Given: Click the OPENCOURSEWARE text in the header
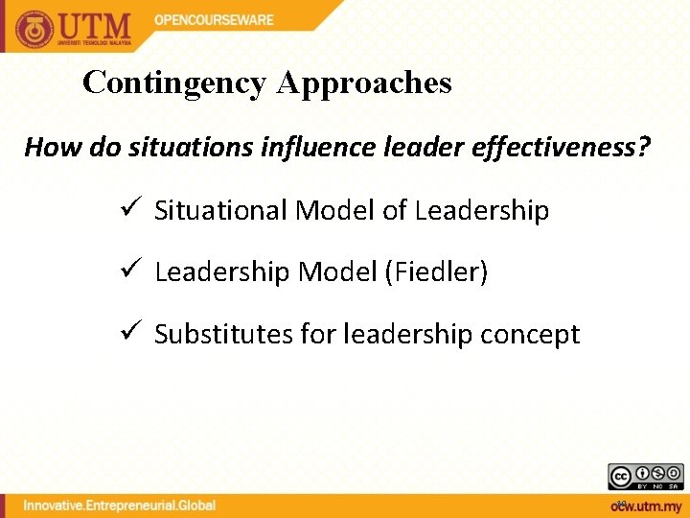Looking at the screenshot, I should (214, 20).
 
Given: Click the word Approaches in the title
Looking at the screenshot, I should (364, 83).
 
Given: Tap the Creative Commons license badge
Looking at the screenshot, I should (645, 476).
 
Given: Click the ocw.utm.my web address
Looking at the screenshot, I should (646, 506).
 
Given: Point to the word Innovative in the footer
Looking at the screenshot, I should (60, 506).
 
